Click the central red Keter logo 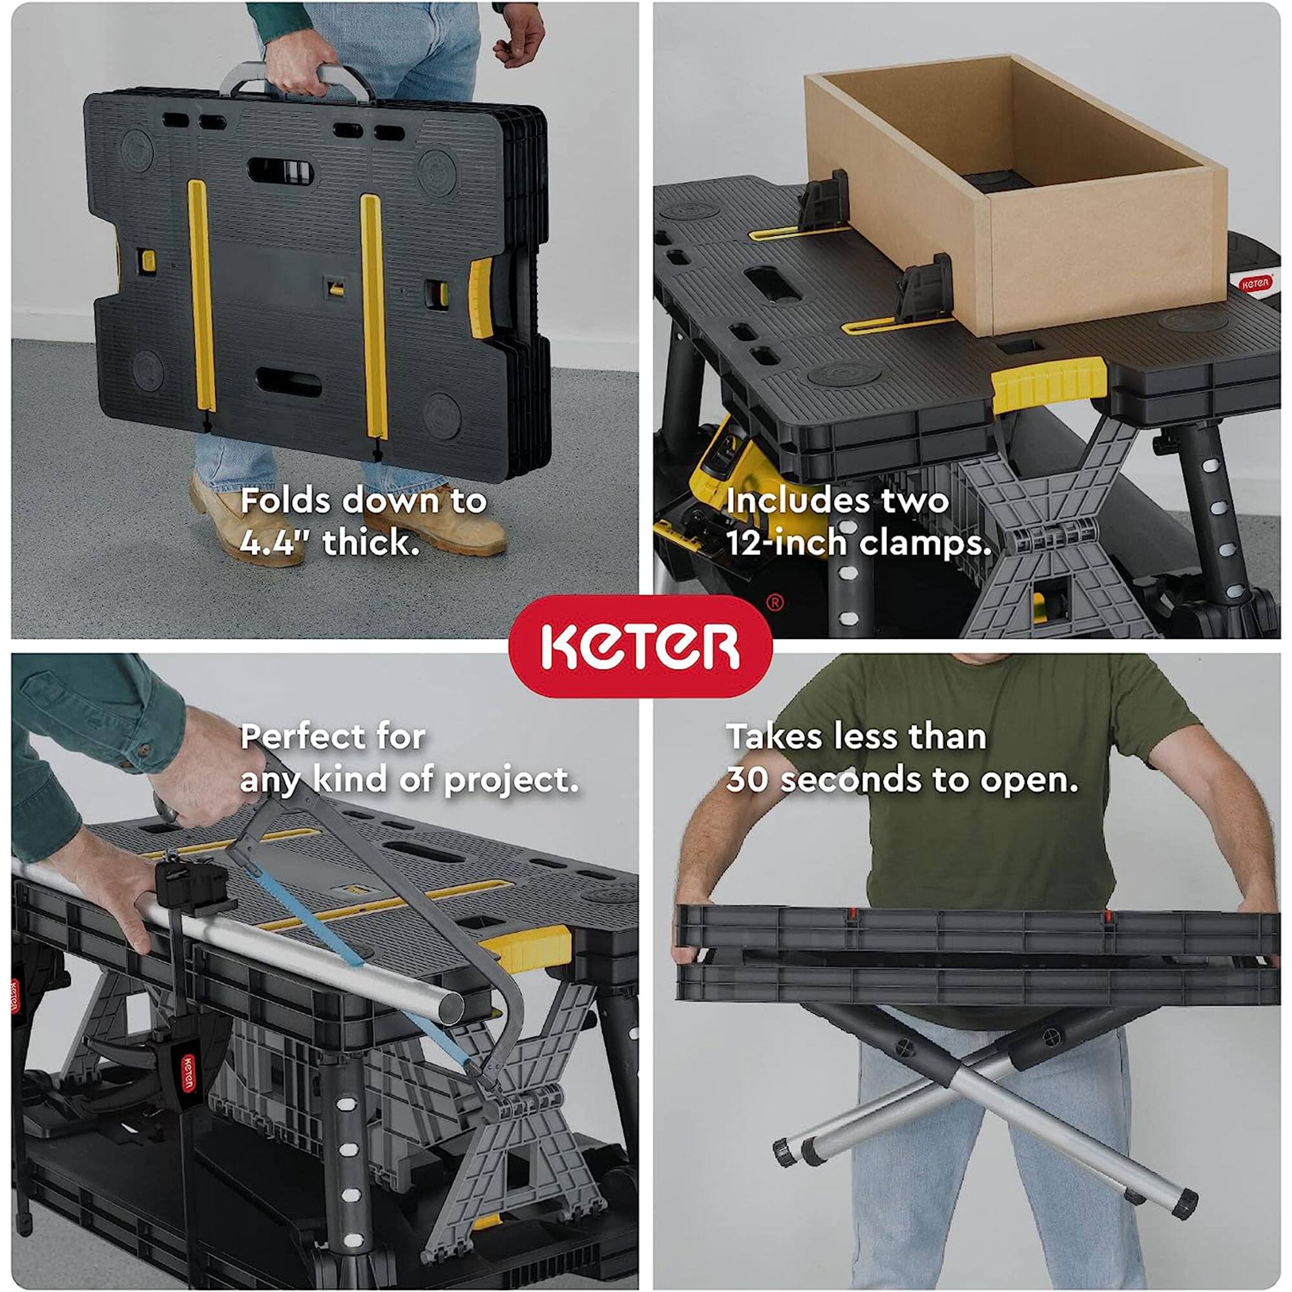pyautogui.click(x=640, y=646)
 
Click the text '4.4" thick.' pyautogui.click(x=329, y=542)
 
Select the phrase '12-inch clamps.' pyautogui.click(x=858, y=542)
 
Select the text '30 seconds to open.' pyautogui.click(x=902, y=780)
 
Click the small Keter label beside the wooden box pyautogui.click(x=1255, y=284)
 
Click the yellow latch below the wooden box pyautogui.click(x=1047, y=382)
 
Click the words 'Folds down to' pyautogui.click(x=363, y=500)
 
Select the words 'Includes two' pyautogui.click(x=837, y=500)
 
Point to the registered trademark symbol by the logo pyautogui.click(x=774, y=603)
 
